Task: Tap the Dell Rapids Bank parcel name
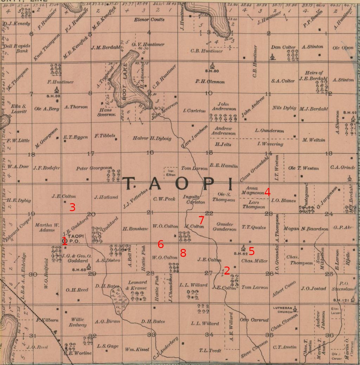17,48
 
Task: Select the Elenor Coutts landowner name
149,20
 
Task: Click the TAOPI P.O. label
76,239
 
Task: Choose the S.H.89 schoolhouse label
53,96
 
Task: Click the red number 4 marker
268,192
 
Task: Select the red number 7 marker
201,220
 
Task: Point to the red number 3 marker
72,207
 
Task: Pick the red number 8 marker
183,253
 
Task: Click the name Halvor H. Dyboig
152,138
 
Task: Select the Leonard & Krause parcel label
137,285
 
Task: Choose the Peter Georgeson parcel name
94,168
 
